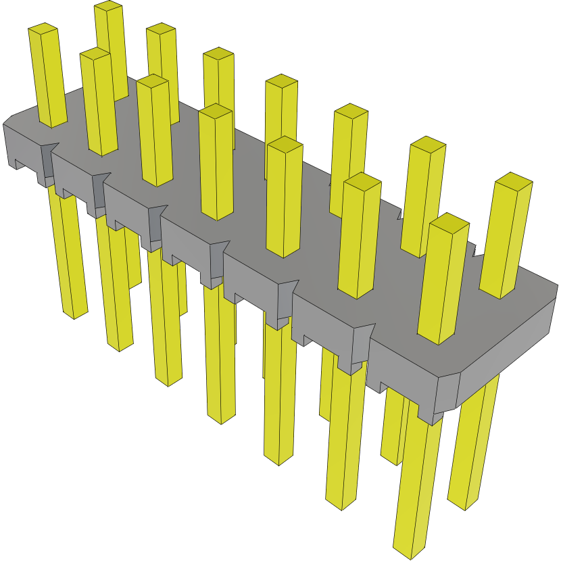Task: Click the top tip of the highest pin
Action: pyautogui.click(x=108, y=7)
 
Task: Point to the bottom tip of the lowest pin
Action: pyautogui.click(x=410, y=552)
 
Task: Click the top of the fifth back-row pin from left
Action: pyautogui.click(x=350, y=111)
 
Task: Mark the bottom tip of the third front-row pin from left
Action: pyautogui.click(x=169, y=380)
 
